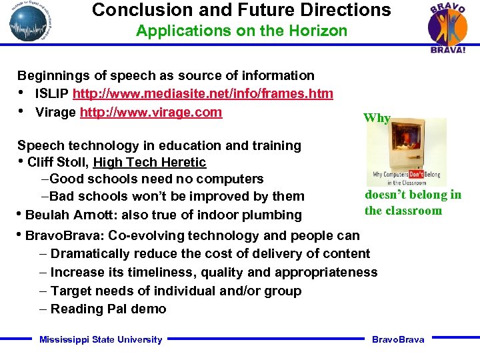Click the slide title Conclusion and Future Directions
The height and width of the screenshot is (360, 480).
pyautogui.click(x=241, y=10)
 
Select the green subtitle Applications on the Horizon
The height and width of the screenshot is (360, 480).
pyautogui.click(x=241, y=31)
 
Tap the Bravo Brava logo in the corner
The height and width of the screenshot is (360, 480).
pyautogui.click(x=447, y=28)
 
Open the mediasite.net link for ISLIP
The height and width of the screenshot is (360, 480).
pyautogui.click(x=203, y=94)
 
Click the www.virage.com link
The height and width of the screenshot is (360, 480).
pyautogui.click(x=151, y=112)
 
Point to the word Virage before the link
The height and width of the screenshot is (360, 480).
pyautogui.click(x=55, y=112)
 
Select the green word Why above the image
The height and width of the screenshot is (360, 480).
pyautogui.click(x=377, y=118)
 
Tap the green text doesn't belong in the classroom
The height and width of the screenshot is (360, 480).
pyautogui.click(x=413, y=203)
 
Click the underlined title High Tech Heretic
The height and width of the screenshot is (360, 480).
pyautogui.click(x=149, y=162)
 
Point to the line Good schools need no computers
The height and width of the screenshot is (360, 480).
pyautogui.click(x=156, y=179)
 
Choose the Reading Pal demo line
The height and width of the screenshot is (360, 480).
pyautogui.click(x=108, y=309)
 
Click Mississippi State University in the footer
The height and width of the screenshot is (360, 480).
pyautogui.click(x=101, y=339)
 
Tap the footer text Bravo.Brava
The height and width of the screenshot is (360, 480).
pyautogui.click(x=398, y=339)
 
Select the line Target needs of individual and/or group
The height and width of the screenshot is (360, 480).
pyautogui.click(x=175, y=291)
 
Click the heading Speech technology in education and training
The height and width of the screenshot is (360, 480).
pyautogui.click(x=159, y=145)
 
